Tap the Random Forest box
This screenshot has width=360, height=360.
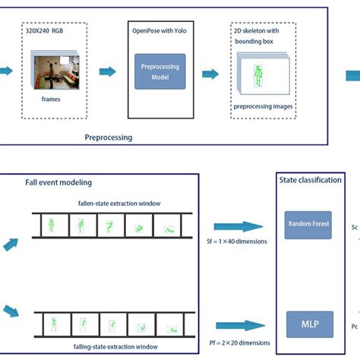(x=305, y=226)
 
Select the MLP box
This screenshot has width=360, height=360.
(x=305, y=324)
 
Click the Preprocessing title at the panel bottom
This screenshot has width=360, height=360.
(x=108, y=138)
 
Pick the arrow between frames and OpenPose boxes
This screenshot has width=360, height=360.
(x=108, y=71)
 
